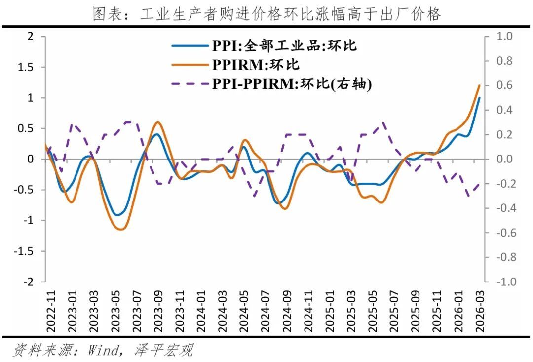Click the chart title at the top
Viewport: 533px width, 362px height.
(x=266, y=14)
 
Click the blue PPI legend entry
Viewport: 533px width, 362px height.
(x=284, y=46)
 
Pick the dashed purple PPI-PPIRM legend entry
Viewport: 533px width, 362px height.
(x=292, y=84)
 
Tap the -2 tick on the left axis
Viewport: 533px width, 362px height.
(x=30, y=282)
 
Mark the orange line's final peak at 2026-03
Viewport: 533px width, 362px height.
(x=479, y=85)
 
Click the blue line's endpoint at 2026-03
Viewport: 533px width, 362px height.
(x=479, y=98)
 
